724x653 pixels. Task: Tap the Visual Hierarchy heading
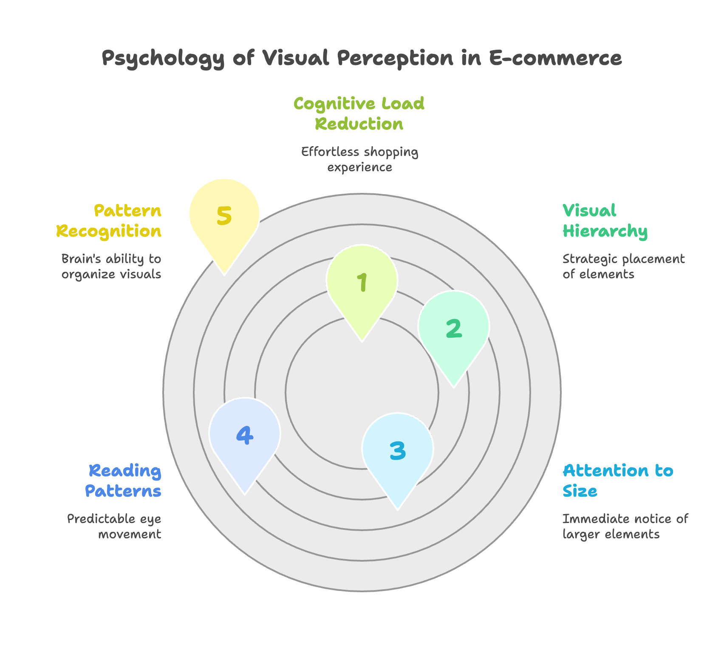pos(605,221)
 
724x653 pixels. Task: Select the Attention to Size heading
pos(618,481)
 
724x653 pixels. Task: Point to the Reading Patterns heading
pos(123,481)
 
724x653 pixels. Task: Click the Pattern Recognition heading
pos(109,221)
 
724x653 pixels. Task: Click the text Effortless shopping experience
pos(359,159)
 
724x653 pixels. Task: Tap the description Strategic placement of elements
pos(623,266)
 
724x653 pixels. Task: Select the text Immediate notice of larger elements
pos(625,526)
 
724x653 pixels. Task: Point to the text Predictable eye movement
pos(114,526)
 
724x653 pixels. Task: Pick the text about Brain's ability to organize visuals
pos(111,266)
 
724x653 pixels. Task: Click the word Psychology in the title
pos(163,59)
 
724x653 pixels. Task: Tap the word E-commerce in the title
pos(556,58)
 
